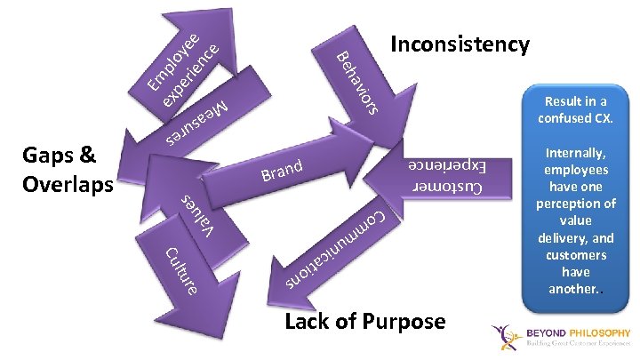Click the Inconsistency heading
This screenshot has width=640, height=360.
click(x=460, y=44)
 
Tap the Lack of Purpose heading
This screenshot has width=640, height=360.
click(x=365, y=321)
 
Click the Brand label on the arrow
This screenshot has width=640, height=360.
click(x=283, y=169)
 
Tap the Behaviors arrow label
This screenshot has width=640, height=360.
click(x=359, y=84)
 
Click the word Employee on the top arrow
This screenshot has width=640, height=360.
click(x=173, y=58)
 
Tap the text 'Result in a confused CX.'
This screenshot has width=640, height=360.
click(x=576, y=109)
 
